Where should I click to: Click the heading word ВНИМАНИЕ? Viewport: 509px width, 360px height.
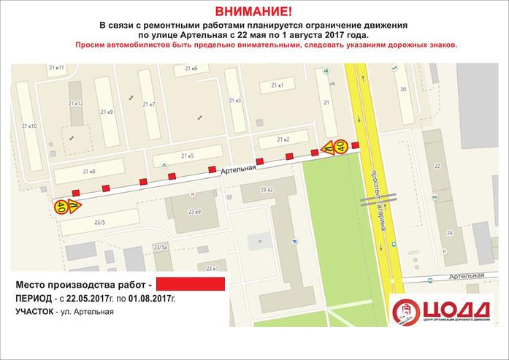254,12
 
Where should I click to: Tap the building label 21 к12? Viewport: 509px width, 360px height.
75,104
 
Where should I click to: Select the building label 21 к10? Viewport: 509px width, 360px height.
29,126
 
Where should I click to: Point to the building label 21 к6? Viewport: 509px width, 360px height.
191,69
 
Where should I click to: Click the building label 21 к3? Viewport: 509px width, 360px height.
234,100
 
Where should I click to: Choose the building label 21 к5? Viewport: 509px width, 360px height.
187,156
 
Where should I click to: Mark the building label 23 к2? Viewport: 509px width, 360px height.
267,190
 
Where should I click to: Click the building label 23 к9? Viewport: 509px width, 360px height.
194,212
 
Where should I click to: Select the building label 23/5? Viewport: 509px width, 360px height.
99,222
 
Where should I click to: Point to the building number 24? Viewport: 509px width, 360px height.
450,232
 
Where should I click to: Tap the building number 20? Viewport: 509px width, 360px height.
402,89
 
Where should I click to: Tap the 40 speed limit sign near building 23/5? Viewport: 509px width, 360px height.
61,207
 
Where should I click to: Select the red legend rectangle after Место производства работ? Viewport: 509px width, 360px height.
191,283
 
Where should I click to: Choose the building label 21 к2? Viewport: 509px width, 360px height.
284,139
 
